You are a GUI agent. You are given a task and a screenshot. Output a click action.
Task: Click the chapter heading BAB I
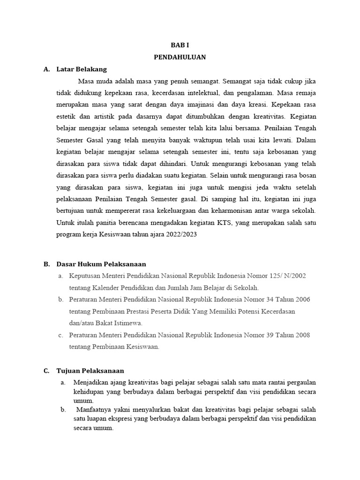[180, 45]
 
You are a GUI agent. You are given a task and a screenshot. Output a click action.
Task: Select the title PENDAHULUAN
[180, 57]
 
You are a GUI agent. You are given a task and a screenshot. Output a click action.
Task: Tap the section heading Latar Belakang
[82, 69]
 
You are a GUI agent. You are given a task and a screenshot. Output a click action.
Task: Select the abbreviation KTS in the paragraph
[224, 223]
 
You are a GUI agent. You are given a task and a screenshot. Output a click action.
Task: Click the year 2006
[302, 300]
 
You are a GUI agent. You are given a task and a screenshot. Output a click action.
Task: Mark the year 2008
[302, 335]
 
